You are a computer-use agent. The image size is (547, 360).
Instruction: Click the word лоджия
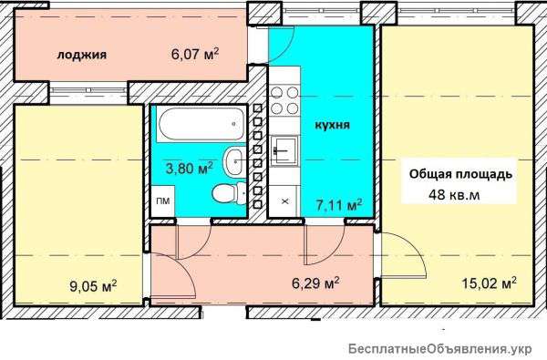[x=82, y=55]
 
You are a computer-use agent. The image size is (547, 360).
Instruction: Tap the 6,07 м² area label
[x=195, y=54]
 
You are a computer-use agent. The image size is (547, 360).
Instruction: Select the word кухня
[x=332, y=125]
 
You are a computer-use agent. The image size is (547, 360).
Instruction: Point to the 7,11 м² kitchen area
[x=339, y=205]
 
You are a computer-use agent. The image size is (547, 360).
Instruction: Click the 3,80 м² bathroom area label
[x=189, y=168]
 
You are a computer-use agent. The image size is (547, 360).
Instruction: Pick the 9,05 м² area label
[x=93, y=286]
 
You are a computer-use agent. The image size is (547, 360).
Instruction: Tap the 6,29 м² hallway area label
[x=315, y=283]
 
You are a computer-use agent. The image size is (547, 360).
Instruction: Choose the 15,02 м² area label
[x=489, y=283]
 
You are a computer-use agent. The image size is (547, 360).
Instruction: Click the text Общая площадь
[x=460, y=174]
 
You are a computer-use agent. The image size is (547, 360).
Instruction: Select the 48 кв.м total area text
[x=454, y=195]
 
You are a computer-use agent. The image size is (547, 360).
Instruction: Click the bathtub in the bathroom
[x=201, y=124]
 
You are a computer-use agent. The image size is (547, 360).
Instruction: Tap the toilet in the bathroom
[x=229, y=193]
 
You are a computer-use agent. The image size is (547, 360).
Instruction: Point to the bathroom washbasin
[x=234, y=161]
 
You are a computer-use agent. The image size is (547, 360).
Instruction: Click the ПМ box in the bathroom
[x=162, y=201]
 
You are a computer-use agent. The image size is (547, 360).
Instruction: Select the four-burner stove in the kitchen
[x=284, y=100]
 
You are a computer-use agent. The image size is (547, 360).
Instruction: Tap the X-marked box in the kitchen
[x=284, y=201]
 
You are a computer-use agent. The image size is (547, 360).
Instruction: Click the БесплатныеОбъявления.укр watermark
[x=440, y=349]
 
